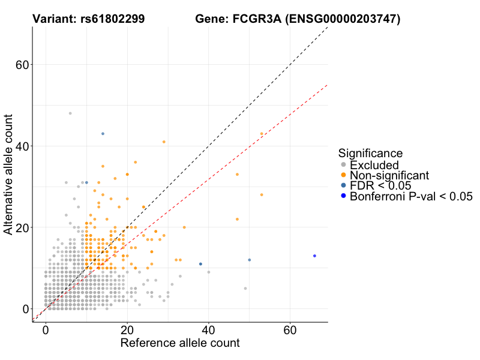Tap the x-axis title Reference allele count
point(180,343)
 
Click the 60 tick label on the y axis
point(23,65)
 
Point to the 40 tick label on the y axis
point(23,146)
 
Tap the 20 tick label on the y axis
point(23,228)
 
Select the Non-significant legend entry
point(389,175)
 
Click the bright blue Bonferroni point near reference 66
point(314,256)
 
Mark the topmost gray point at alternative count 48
point(70,113)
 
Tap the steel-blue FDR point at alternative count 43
point(103,134)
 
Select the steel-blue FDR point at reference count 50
point(249,260)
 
